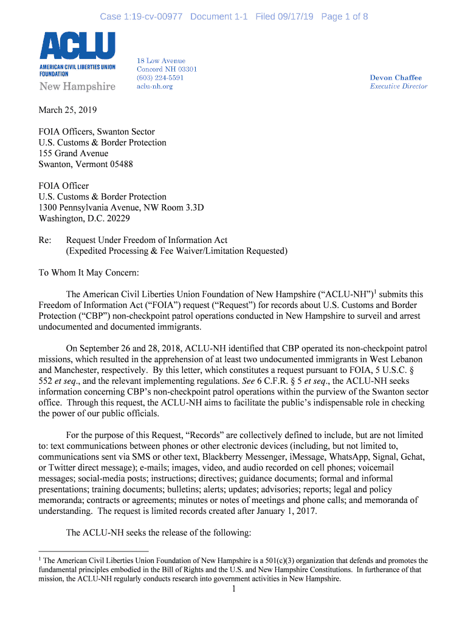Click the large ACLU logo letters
pos(77,46)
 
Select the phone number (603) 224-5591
pos(160,78)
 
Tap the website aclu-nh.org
pos(154,86)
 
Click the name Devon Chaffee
pos(395,78)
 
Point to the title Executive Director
pos(398,86)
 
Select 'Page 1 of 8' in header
pos(344,16)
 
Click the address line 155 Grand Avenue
pos(74,153)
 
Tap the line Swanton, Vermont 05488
pos(86,164)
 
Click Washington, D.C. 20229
pos(84,218)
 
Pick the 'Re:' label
pos(45,240)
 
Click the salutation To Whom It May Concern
pos(89,272)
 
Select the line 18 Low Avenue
pos(160,61)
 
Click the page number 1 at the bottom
pos(234,589)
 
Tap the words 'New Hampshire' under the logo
pos(77,87)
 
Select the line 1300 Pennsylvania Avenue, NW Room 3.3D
pos(122,207)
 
